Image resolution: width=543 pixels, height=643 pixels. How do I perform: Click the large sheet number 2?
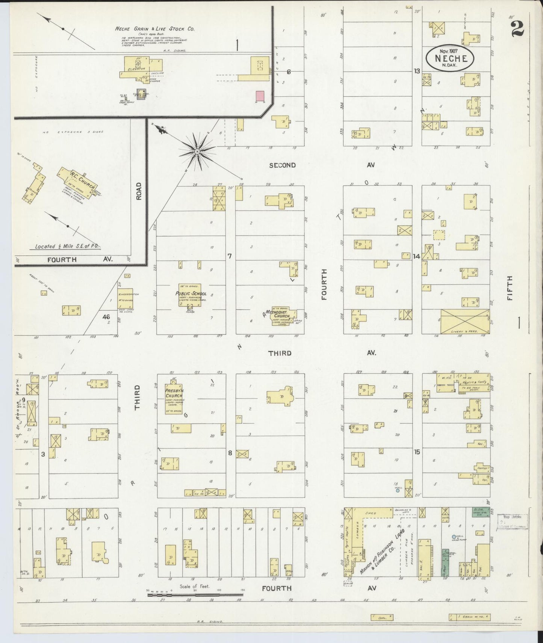click(x=518, y=28)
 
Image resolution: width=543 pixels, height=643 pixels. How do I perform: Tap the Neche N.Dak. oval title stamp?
click(x=450, y=58)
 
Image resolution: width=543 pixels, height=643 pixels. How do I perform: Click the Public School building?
click(x=190, y=294)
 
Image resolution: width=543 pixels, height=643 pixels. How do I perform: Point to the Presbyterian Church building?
click(x=174, y=398)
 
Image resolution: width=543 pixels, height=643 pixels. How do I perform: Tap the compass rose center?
click(x=197, y=151)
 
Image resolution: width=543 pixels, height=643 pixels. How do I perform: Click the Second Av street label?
click(x=283, y=165)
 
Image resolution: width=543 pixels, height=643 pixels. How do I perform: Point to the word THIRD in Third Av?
click(x=280, y=353)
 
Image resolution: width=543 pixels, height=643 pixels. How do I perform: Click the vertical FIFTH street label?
click(x=510, y=288)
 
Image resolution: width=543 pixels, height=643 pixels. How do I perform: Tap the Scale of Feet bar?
click(x=195, y=595)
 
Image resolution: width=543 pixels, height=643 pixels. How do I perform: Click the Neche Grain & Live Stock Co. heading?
click(x=154, y=29)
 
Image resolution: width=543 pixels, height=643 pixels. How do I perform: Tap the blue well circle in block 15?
click(x=398, y=490)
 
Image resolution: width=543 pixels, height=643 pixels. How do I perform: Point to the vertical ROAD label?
click(x=139, y=191)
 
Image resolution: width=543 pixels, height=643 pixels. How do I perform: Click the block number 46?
click(x=106, y=317)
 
